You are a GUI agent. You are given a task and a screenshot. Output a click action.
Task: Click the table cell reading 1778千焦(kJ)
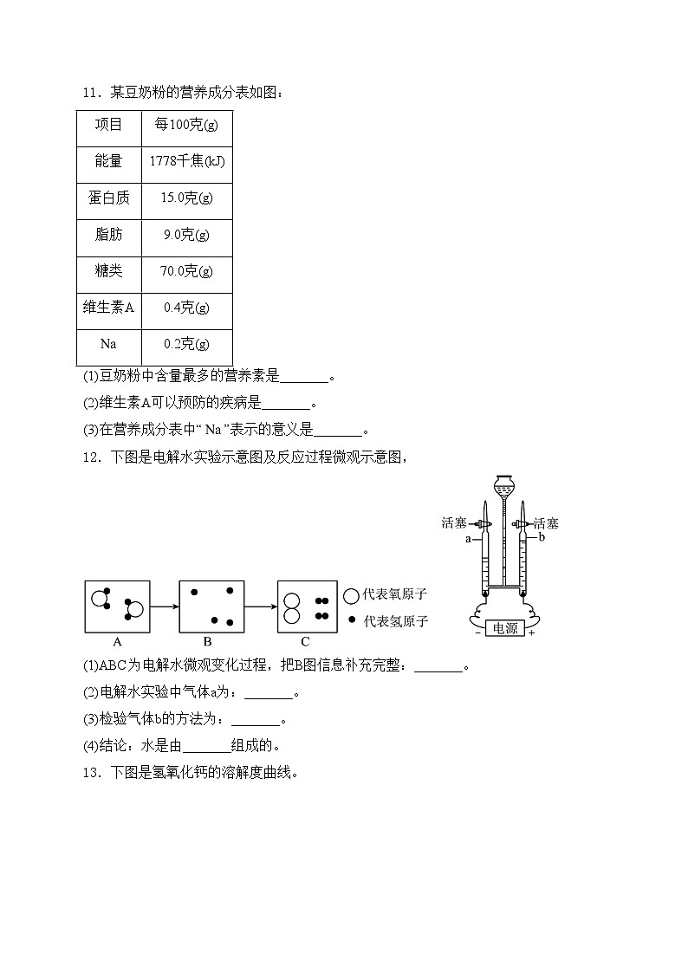(187, 161)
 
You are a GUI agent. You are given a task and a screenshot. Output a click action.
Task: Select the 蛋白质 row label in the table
(108, 198)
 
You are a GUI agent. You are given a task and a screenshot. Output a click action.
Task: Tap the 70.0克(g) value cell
(186, 271)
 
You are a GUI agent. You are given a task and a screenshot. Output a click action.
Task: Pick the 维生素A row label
(108, 308)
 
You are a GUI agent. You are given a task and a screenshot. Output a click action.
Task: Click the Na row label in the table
(108, 344)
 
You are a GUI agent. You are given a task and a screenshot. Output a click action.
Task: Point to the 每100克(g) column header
(186, 125)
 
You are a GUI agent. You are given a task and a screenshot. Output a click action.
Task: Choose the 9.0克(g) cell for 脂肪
(186, 234)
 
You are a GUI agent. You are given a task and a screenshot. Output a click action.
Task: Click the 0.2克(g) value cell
(186, 344)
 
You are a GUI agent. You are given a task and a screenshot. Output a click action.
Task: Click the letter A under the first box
(117, 642)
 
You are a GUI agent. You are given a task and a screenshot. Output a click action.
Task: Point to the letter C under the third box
(305, 642)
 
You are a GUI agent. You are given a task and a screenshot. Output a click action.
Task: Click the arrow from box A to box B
(164, 607)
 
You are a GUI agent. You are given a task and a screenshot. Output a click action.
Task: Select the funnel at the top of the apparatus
(503, 484)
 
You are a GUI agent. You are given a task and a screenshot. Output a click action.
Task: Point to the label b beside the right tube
(541, 537)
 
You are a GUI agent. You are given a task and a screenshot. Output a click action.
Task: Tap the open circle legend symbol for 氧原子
(351, 595)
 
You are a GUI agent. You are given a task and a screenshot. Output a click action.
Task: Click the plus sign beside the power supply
(530, 633)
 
